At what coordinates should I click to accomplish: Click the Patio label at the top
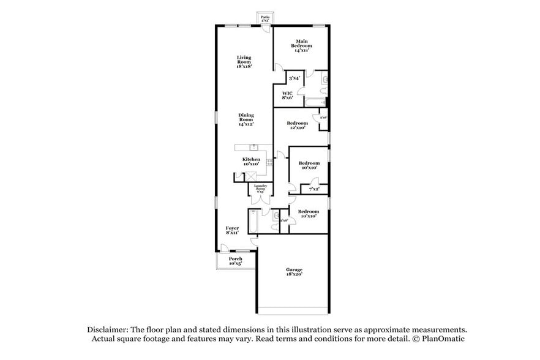pyautogui.click(x=264, y=18)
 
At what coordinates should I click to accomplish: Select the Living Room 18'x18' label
pyautogui.click(x=244, y=61)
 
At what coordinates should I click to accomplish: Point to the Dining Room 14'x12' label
pyautogui.click(x=246, y=119)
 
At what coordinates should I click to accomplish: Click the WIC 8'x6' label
pyautogui.click(x=287, y=95)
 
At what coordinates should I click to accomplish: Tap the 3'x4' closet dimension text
pyautogui.click(x=294, y=78)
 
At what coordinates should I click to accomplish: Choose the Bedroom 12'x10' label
pyautogui.click(x=298, y=125)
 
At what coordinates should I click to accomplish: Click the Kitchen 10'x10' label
pyautogui.click(x=251, y=161)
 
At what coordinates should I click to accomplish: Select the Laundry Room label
pyautogui.click(x=260, y=190)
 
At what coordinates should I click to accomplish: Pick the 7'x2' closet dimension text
pyautogui.click(x=313, y=189)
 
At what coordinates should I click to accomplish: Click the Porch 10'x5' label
pyautogui.click(x=236, y=261)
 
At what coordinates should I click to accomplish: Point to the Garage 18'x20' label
pyautogui.click(x=294, y=272)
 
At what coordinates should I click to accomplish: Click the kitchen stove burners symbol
pyautogui.click(x=269, y=162)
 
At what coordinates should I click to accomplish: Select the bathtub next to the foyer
pyautogui.click(x=252, y=221)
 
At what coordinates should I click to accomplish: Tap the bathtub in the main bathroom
pyautogui.click(x=315, y=102)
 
